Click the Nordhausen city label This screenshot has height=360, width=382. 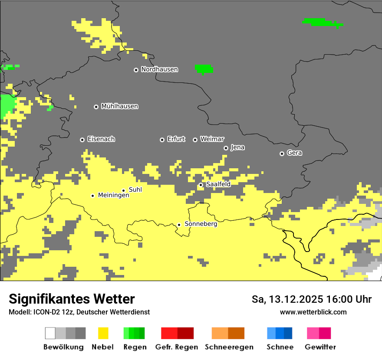click(x=159, y=69)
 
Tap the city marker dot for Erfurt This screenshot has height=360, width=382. click(x=162, y=140)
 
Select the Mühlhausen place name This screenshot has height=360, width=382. click(x=119, y=106)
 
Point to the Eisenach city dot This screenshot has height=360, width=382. click(x=82, y=140)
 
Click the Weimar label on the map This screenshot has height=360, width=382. click(x=212, y=139)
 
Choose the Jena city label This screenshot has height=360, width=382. click(x=237, y=147)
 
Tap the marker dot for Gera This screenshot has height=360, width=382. click(x=282, y=154)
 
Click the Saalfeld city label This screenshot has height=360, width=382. click(x=218, y=184)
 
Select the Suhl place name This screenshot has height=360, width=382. click(x=135, y=190)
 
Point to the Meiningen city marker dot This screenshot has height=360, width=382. click(x=92, y=196)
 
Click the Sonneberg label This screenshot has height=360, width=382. click(x=201, y=224)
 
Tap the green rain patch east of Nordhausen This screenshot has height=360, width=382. click(x=204, y=69)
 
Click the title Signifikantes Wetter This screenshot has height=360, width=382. click(x=72, y=299)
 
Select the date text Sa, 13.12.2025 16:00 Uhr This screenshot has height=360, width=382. click(x=312, y=299)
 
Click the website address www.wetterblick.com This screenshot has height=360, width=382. click(x=313, y=312)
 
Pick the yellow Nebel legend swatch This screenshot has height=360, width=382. click(x=103, y=333)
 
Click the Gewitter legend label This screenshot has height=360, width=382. click(x=320, y=347)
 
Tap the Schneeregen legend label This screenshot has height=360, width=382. click(x=229, y=347)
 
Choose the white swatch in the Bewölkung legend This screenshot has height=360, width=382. click(x=50, y=333)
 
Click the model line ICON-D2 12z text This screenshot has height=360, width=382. click(x=79, y=312)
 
